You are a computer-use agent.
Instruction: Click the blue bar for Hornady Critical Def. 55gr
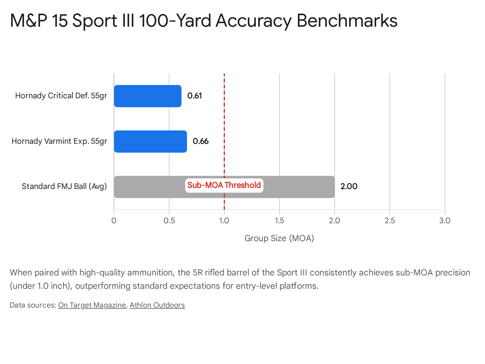pos(148,96)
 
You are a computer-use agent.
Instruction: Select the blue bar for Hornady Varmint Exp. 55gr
pos(150,142)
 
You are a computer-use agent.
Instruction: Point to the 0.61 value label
pos(195,96)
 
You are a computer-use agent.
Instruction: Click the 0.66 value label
pos(201,141)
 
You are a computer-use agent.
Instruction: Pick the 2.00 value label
pos(349,187)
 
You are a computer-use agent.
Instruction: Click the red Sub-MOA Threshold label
pos(224,185)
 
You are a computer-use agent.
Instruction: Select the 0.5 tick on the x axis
pos(169,221)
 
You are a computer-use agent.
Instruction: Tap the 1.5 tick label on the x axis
pos(279,221)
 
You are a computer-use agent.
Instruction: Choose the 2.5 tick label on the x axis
pos(390,221)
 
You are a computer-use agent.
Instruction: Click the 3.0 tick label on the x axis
pos(445,221)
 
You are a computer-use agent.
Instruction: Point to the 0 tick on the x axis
pos(114,221)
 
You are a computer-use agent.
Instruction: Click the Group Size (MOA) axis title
pos(279,238)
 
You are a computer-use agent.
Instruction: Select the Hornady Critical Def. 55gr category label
pos(61,96)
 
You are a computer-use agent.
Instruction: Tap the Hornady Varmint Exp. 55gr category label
pos(59,141)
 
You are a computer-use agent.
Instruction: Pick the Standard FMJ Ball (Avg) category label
pos(64,186)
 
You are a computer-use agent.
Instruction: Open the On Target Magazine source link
pos(92,305)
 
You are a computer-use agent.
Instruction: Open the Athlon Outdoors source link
pos(157,305)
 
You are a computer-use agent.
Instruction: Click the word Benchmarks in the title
pos(347,21)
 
